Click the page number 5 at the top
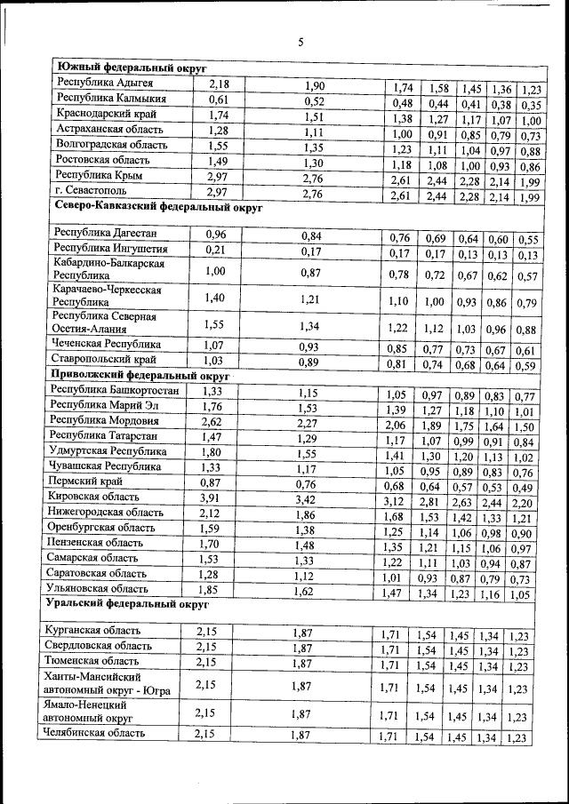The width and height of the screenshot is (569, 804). tap(301, 42)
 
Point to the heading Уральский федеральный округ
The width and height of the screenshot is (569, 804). tap(126, 605)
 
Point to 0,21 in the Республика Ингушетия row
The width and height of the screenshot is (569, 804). tap(215, 250)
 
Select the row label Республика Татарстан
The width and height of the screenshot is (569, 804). tap(105, 438)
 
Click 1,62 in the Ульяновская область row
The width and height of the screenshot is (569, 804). tap(308, 590)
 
